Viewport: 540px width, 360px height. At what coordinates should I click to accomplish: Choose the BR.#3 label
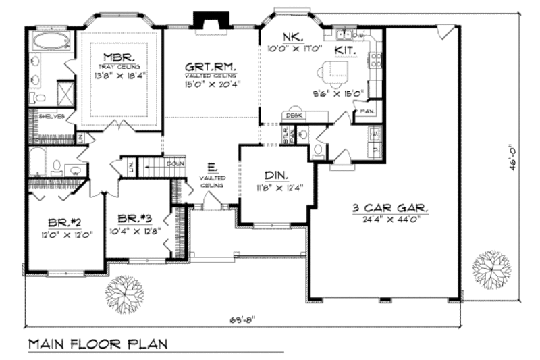click(134, 219)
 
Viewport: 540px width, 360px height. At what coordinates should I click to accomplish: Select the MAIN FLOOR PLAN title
click(97, 344)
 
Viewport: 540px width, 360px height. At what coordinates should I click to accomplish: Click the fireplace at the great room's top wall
click(203, 20)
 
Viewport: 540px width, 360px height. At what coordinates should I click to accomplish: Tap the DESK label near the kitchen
click(292, 116)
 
